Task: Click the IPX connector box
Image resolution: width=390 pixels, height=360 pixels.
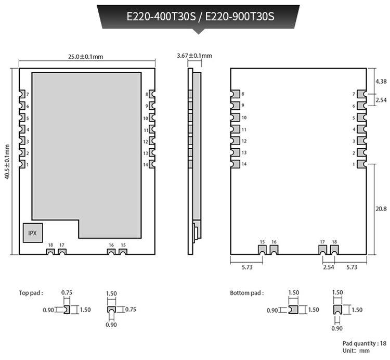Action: point(33,233)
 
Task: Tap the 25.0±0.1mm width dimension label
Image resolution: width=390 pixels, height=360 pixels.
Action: point(86,57)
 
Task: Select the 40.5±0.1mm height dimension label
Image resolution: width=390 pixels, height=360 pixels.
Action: point(7,161)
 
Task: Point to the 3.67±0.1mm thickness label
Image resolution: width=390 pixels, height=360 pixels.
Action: point(194,56)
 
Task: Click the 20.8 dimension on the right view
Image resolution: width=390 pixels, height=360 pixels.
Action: point(381,209)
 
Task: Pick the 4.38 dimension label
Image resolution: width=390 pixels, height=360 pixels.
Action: point(381,81)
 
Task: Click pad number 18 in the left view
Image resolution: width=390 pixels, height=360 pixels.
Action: point(50,252)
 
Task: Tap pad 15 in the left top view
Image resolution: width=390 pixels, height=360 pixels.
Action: point(123,252)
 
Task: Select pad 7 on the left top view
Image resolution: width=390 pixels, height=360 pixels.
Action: point(22,94)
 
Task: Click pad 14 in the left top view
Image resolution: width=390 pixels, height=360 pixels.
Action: point(152,164)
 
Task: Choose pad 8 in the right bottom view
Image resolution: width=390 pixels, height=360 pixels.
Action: point(235,94)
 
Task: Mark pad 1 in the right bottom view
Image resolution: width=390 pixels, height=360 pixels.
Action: point(362,164)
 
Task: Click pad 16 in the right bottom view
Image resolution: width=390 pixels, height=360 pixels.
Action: point(274,250)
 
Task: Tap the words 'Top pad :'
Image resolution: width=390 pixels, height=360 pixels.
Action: point(31,293)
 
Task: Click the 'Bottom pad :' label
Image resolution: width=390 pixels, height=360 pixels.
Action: point(246,293)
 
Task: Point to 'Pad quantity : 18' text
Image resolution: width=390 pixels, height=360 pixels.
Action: point(365,343)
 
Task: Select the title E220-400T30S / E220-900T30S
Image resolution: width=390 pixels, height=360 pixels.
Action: point(201,17)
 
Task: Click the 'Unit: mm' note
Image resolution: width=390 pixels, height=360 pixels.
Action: point(356,351)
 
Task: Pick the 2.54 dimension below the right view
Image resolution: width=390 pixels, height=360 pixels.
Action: point(328,267)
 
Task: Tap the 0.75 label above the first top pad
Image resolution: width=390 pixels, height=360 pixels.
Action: point(67,292)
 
